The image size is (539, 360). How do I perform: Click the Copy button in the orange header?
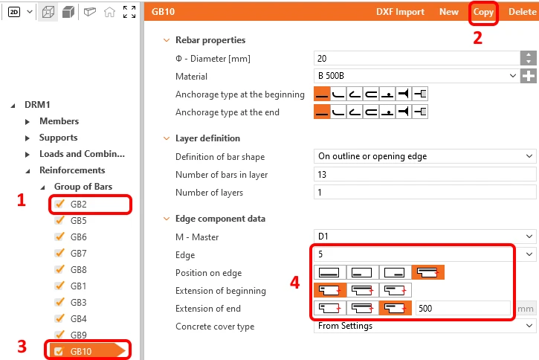(x=483, y=12)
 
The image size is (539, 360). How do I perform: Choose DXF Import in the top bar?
(x=400, y=12)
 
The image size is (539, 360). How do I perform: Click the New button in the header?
(x=448, y=12)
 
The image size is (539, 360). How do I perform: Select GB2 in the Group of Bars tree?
(x=78, y=205)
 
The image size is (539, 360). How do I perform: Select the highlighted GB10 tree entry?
(x=81, y=351)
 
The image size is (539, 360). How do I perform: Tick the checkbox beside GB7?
(x=59, y=253)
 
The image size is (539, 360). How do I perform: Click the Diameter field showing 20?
(x=417, y=59)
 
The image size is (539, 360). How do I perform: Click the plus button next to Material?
(x=529, y=76)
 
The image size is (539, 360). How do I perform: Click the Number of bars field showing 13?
(x=425, y=174)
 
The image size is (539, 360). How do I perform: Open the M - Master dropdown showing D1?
(x=425, y=237)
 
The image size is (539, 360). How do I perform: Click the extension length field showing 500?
(x=462, y=309)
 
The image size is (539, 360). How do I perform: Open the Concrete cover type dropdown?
(x=425, y=326)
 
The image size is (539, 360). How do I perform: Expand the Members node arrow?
(x=28, y=121)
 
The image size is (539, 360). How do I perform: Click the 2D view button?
(x=14, y=12)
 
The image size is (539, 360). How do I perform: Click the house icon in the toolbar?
(x=109, y=12)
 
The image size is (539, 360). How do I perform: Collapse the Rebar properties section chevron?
(x=167, y=40)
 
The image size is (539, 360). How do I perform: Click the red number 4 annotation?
(x=295, y=283)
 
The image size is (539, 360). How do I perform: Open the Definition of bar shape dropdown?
(x=425, y=156)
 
